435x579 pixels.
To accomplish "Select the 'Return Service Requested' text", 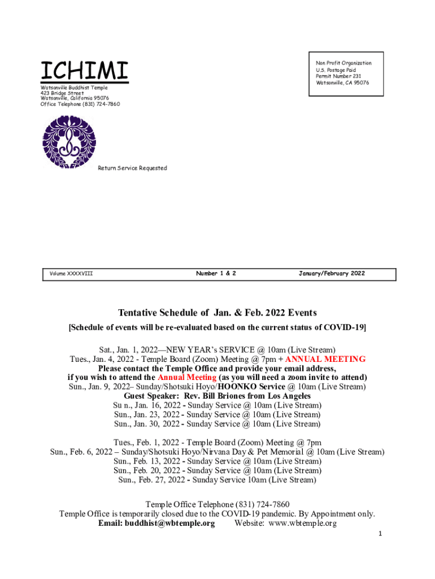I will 132,168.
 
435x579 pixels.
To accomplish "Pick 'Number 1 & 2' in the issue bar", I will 216,274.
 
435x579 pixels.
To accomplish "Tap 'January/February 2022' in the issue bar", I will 332,274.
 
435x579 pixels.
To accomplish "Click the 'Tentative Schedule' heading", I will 217,313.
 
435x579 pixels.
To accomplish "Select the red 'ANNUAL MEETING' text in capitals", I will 325,359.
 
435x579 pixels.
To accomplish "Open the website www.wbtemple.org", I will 303,524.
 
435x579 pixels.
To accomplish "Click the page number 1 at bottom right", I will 381,534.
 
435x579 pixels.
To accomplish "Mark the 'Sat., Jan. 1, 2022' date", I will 129,350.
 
